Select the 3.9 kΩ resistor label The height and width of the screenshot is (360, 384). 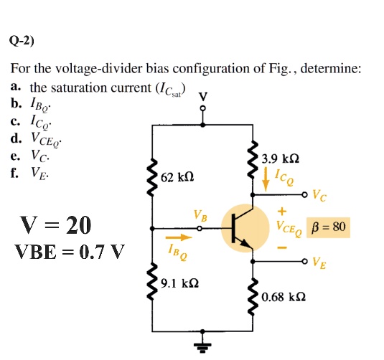pos(281,158)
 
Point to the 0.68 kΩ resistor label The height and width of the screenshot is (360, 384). pos(284,296)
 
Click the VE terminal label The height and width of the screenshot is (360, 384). pos(319,262)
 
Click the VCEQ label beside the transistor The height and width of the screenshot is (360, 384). pos(289,229)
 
